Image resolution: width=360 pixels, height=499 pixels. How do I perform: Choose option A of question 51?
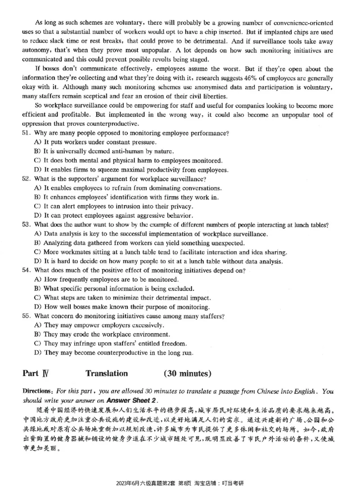coord(37,142)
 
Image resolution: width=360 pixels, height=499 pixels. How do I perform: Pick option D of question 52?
coord(37,215)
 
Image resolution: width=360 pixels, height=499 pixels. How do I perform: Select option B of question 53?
coord(37,243)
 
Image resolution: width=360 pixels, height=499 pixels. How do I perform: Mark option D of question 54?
coord(37,307)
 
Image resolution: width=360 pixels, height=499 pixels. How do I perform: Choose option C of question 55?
coord(37,343)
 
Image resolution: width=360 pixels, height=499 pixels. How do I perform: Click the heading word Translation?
coord(107,373)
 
